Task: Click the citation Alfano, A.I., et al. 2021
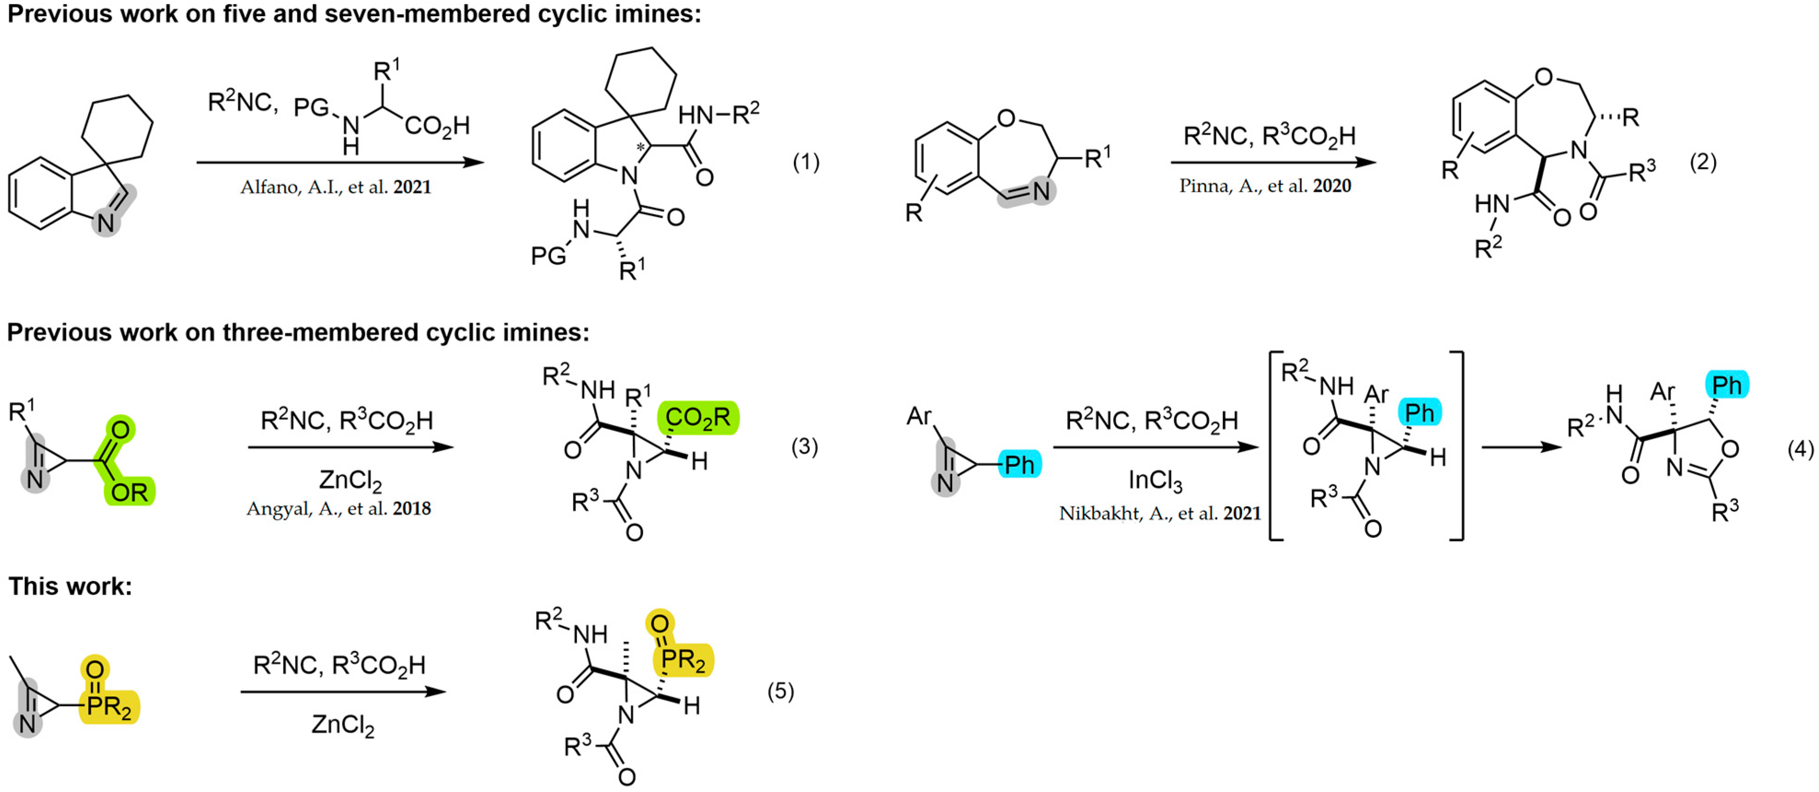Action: (x=335, y=187)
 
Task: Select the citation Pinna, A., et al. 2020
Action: (x=1265, y=186)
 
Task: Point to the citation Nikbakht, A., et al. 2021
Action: (x=1159, y=513)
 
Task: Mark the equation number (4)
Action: (x=1800, y=448)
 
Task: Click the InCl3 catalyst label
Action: (x=1155, y=481)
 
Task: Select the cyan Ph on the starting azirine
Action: (x=1019, y=465)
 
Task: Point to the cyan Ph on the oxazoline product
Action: (x=1727, y=385)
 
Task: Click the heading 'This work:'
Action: (x=70, y=586)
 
